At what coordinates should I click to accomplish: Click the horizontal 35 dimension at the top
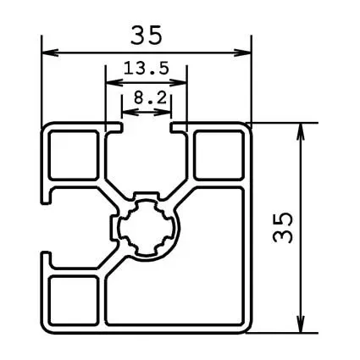pos(147,36)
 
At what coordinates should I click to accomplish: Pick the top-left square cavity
pos(74,157)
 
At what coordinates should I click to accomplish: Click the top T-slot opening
pos(147,129)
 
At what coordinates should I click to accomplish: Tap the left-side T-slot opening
pos(47,227)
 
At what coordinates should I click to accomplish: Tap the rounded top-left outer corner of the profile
pos(46,127)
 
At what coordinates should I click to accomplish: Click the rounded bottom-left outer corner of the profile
pos(46,328)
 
